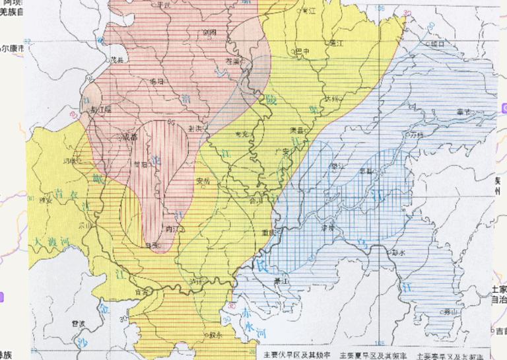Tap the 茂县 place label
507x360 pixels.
pyautogui.click(x=117, y=59)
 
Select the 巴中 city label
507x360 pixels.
pyautogui.click(x=302, y=51)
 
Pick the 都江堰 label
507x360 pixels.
pyautogui.click(x=101, y=109)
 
